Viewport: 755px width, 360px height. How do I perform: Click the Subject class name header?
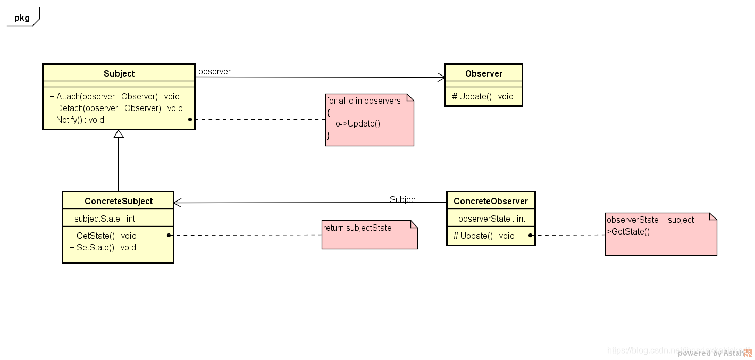click(x=119, y=73)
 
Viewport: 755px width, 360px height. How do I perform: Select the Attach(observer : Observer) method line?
click(x=114, y=96)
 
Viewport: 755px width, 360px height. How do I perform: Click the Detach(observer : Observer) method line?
click(x=116, y=108)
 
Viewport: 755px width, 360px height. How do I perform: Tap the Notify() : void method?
click(x=77, y=120)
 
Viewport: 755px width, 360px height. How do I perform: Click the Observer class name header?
click(x=483, y=73)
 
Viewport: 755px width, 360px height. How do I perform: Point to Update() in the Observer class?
click(x=483, y=96)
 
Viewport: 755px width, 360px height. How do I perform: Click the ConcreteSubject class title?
click(x=118, y=201)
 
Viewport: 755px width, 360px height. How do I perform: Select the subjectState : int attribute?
click(x=102, y=219)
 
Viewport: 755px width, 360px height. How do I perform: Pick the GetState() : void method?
click(x=103, y=236)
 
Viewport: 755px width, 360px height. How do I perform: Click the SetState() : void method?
click(x=103, y=247)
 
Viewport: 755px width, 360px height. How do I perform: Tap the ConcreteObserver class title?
click(x=490, y=201)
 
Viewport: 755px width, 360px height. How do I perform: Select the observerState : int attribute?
click(x=489, y=219)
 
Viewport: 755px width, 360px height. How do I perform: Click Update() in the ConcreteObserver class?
click(x=483, y=236)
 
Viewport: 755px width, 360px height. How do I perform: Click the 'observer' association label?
click(x=214, y=71)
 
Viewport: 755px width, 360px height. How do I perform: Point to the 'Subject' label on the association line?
click(x=403, y=199)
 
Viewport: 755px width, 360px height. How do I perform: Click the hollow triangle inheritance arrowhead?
click(x=119, y=134)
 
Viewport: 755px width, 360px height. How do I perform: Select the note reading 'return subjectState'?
click(x=369, y=235)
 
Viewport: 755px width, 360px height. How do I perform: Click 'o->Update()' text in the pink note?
click(x=358, y=124)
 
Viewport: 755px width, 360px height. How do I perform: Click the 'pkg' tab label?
click(x=22, y=18)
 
